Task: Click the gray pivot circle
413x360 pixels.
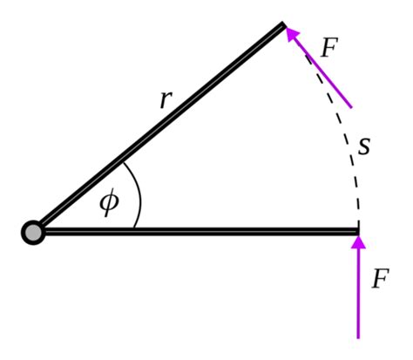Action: click(32, 232)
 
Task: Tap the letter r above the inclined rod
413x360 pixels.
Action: click(166, 98)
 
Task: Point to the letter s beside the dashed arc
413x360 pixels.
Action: click(364, 146)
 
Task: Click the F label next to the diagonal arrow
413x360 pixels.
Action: click(328, 48)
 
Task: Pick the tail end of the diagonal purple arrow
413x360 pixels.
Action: click(351, 107)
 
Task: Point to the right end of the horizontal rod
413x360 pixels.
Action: click(357, 232)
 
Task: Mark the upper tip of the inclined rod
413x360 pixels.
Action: click(282, 27)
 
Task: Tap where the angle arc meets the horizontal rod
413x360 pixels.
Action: click(134, 228)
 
